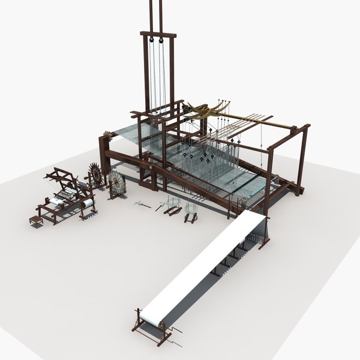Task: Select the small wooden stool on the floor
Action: pyautogui.click(x=35, y=220)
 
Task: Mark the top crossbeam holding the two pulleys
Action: pyautogui.click(x=158, y=34)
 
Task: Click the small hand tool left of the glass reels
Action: pyautogui.click(x=142, y=205)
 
